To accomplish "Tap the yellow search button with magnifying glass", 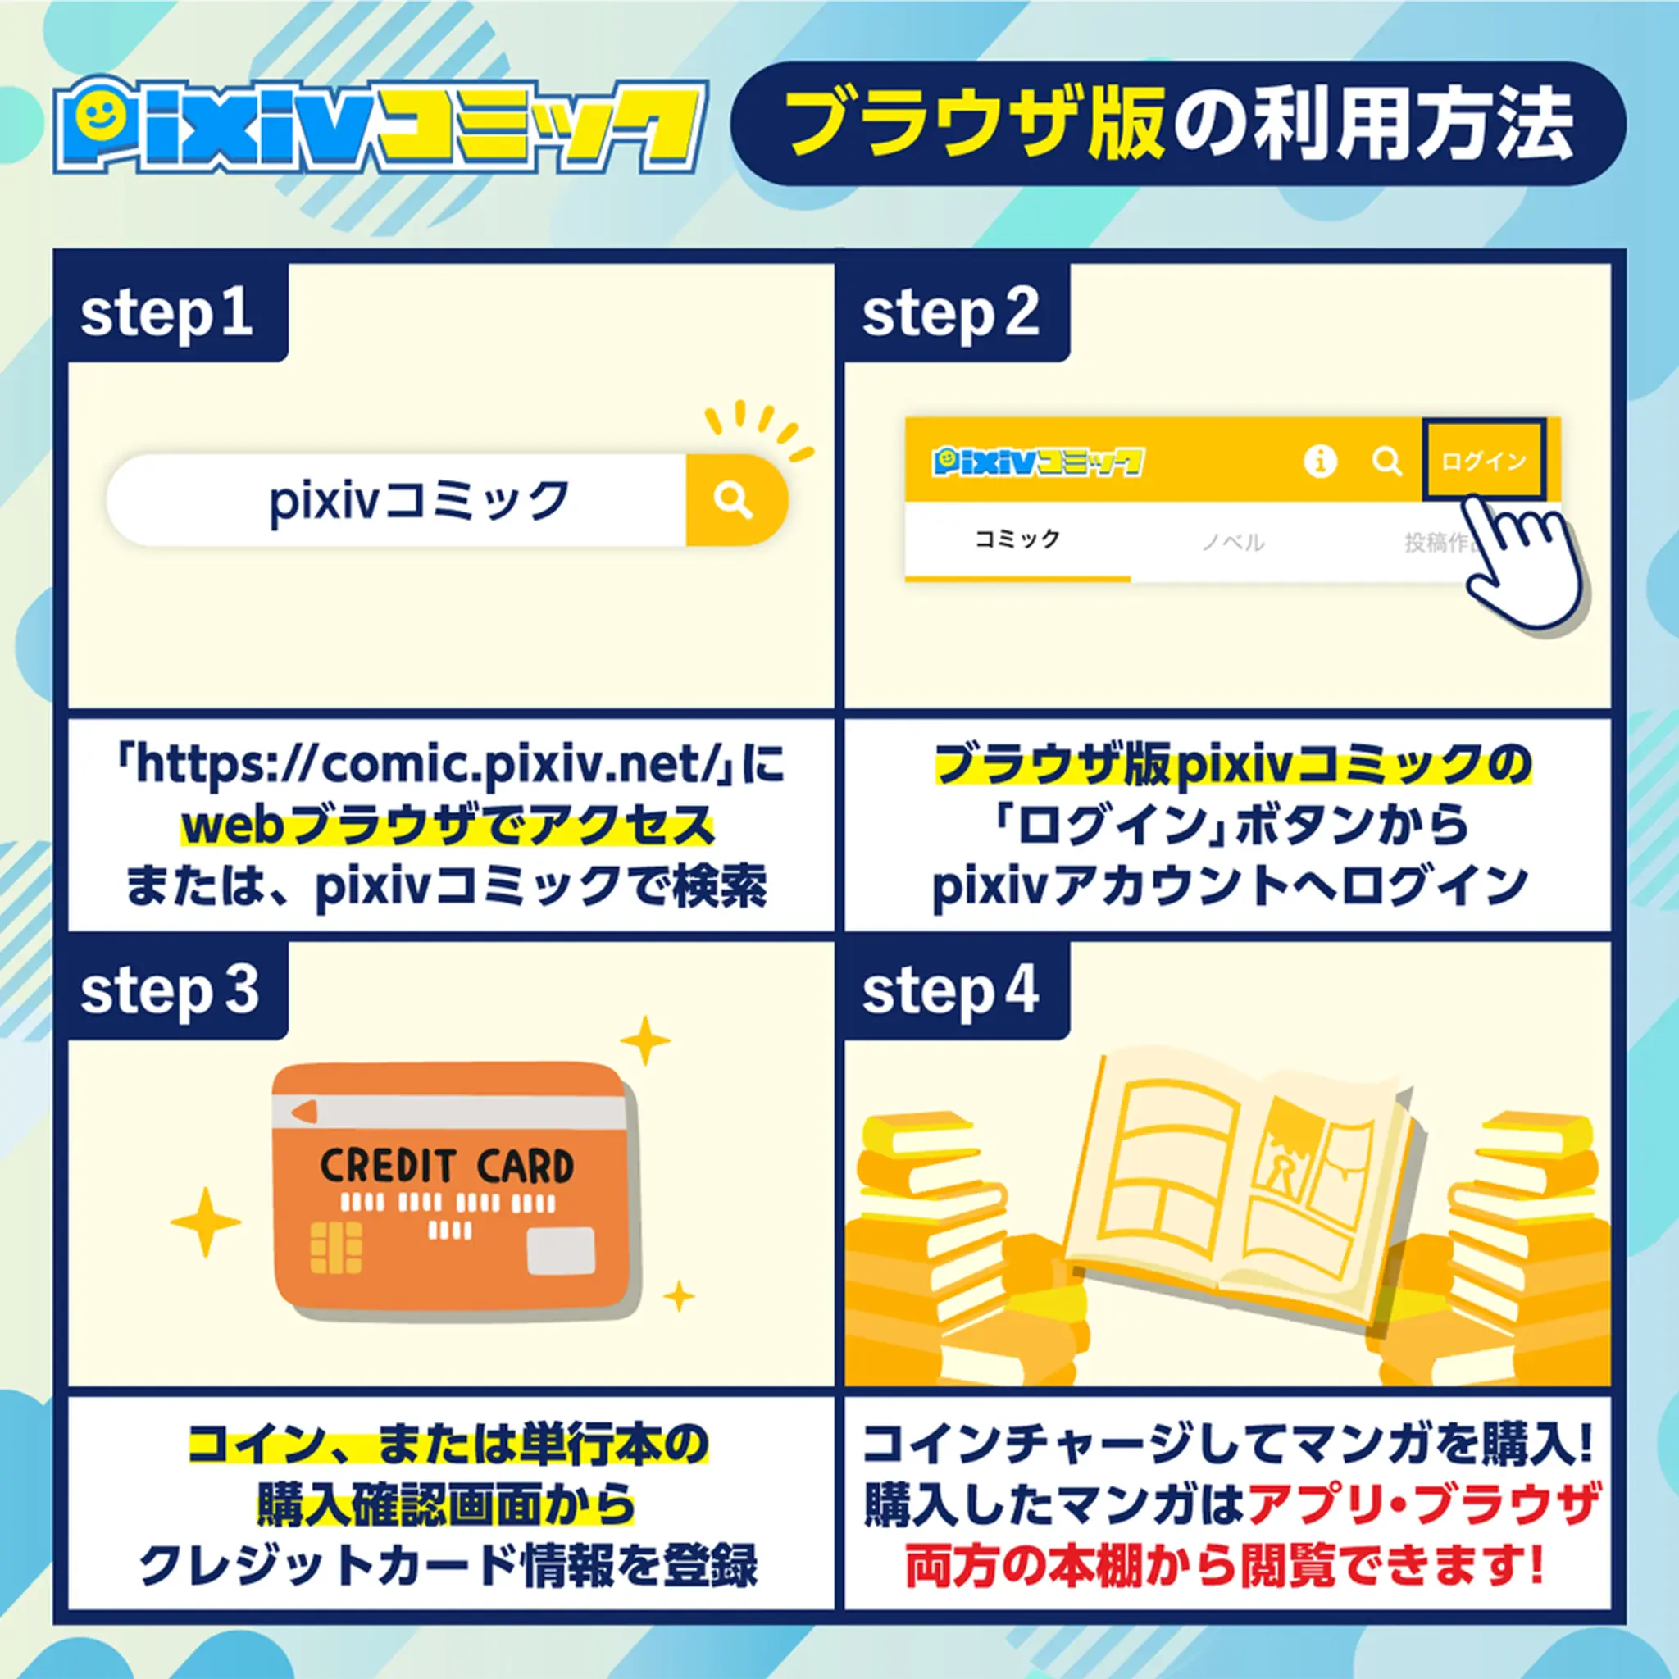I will click(735, 500).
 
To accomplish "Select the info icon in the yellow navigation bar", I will click(1320, 461).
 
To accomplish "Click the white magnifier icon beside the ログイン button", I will click(1387, 461).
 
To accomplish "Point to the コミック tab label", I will click(1017, 539).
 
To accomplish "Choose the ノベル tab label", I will click(1233, 542).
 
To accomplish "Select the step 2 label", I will click(951, 314).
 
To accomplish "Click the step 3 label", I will click(171, 990).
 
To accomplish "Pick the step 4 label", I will click(951, 990).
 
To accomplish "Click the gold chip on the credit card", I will click(335, 1248).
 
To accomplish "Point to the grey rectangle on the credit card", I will click(562, 1250).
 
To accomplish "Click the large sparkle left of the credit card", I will click(205, 1222).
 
